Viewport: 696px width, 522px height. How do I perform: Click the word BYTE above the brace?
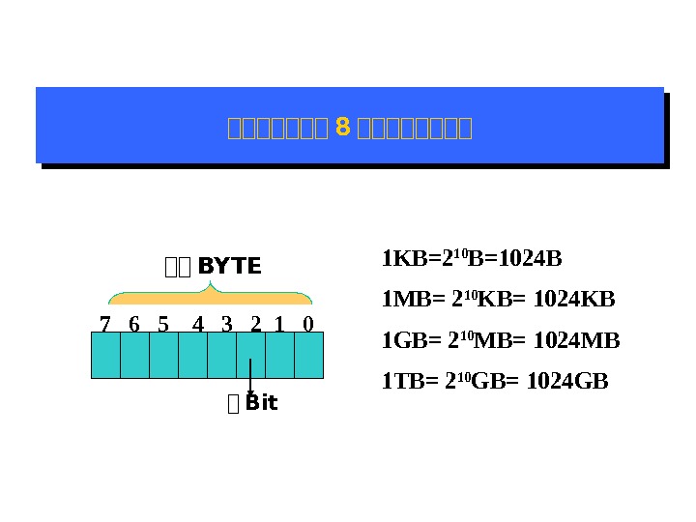click(x=229, y=267)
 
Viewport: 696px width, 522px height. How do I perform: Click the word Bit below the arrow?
click(x=261, y=403)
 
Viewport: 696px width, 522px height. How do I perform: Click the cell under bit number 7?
click(x=105, y=355)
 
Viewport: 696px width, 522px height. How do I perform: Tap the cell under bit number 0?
click(x=308, y=355)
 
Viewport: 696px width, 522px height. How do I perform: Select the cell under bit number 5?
click(x=163, y=355)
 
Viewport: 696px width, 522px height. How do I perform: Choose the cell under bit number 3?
click(x=221, y=355)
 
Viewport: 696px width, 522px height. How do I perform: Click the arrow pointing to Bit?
click(x=250, y=378)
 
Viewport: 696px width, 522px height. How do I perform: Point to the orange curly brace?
click(x=209, y=294)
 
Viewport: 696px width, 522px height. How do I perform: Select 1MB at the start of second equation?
click(x=402, y=300)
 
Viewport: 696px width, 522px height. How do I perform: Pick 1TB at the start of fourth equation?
click(x=400, y=381)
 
